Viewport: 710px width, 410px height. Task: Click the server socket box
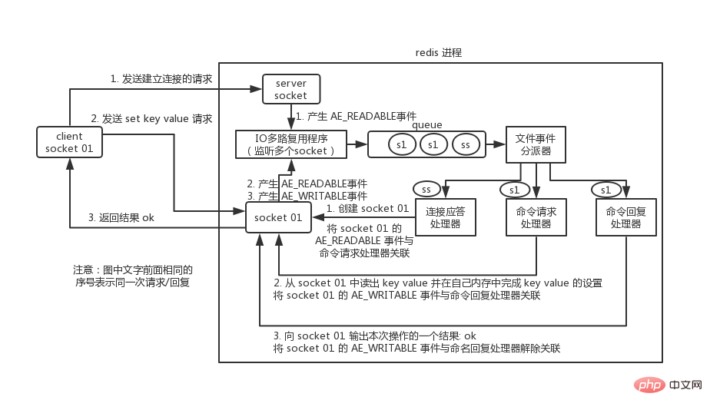(x=290, y=89)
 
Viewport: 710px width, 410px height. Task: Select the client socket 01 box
(x=69, y=142)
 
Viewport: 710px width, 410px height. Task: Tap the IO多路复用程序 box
(x=291, y=144)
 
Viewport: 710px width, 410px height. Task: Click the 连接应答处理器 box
(x=446, y=217)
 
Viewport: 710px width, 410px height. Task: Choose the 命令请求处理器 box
(x=536, y=217)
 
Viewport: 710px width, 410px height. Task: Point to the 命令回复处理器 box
(x=626, y=217)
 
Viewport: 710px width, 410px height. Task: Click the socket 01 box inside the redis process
(x=278, y=218)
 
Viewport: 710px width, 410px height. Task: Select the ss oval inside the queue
(x=466, y=144)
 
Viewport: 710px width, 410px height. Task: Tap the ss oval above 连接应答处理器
(x=426, y=189)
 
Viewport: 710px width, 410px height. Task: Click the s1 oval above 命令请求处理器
(x=515, y=189)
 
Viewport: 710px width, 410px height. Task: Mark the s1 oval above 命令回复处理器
(x=605, y=189)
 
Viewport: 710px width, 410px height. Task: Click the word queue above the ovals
(x=426, y=125)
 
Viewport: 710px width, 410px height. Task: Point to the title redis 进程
(x=439, y=53)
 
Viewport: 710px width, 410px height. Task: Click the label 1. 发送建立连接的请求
(x=161, y=79)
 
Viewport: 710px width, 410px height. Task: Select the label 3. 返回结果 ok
(x=121, y=217)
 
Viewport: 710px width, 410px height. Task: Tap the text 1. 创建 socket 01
(x=367, y=209)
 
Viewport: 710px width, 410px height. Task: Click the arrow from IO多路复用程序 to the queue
(x=357, y=144)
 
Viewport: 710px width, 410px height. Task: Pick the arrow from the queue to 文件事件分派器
(x=496, y=144)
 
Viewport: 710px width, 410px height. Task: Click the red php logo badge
(x=650, y=384)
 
